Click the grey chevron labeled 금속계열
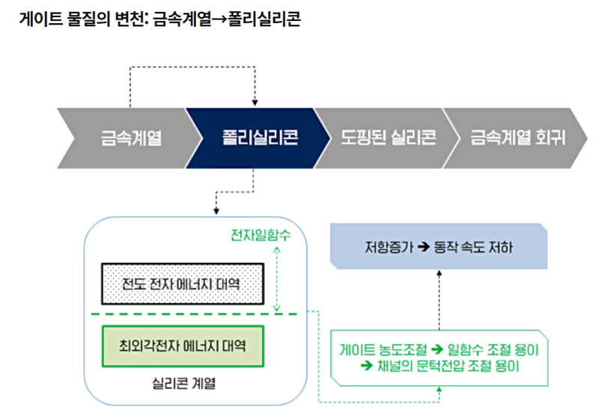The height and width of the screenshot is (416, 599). point(131,138)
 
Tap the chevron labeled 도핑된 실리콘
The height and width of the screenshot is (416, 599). point(388,138)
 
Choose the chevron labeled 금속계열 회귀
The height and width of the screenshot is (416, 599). point(517,138)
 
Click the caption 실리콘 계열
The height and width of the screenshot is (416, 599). point(182,384)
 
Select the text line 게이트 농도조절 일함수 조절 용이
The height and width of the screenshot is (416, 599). point(439,349)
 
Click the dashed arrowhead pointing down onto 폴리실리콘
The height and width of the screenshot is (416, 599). point(255,103)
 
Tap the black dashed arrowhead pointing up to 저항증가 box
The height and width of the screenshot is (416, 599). point(440,273)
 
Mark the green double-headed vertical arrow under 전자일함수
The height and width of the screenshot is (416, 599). point(277,278)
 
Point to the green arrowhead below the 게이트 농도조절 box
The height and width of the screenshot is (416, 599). point(440,391)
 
